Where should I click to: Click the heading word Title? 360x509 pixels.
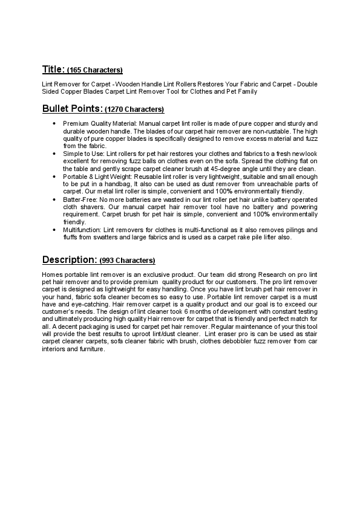53,69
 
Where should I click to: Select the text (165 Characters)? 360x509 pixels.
94,70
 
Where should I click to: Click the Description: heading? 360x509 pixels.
69,259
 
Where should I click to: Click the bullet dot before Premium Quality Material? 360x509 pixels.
55,123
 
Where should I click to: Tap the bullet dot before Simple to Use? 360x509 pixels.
55,154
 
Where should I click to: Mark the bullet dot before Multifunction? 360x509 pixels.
55,230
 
